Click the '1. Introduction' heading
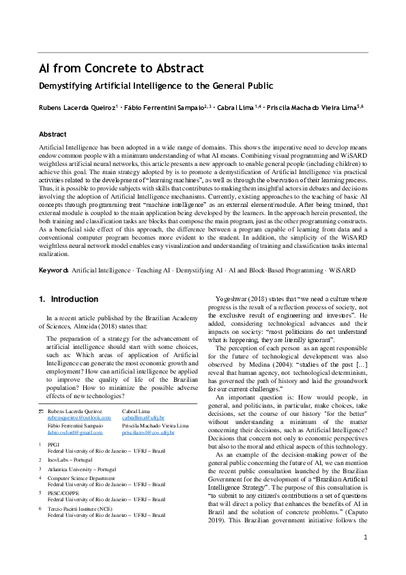tap(69, 299)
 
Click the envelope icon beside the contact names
tap(41, 410)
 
